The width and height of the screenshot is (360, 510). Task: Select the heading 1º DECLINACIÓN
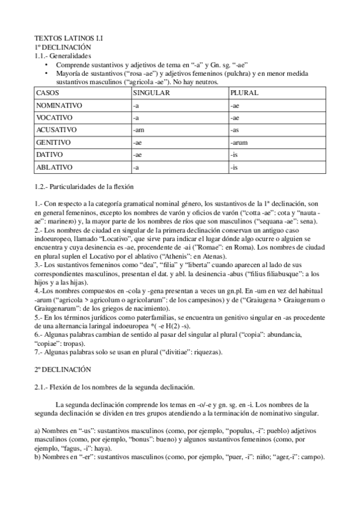[x=63, y=46]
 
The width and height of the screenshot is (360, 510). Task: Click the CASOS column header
[x=49, y=94]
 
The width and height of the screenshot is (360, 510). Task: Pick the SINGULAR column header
[x=151, y=94]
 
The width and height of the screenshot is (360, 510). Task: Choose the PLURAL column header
[x=244, y=94]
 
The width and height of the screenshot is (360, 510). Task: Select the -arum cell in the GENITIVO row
[x=239, y=143]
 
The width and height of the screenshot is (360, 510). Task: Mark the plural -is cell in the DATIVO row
[x=234, y=155]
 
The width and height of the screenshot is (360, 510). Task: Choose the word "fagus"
[x=71, y=447]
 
